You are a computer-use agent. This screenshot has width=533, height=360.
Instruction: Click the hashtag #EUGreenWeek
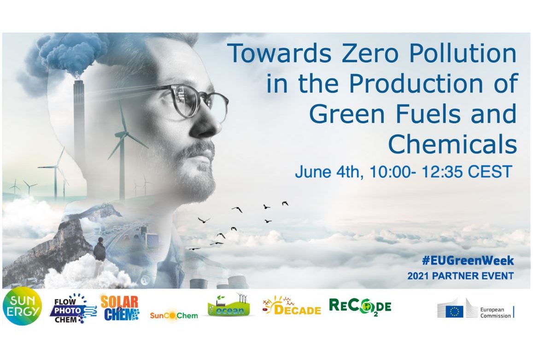[x=468, y=261]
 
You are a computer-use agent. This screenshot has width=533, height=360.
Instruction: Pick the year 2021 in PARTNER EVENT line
[x=418, y=276]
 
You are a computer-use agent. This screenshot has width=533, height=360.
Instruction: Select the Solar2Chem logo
[x=120, y=308]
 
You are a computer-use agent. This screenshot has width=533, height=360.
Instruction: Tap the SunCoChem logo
[x=174, y=315]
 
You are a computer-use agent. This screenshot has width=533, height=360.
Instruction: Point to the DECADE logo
[x=292, y=306]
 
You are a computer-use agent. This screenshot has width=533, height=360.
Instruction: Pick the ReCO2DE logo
[x=360, y=307]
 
